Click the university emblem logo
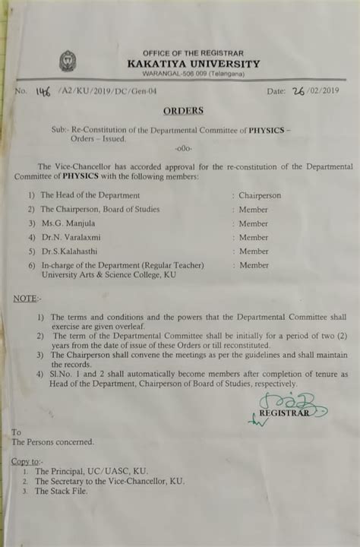click(68, 61)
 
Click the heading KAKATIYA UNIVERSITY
click(193, 64)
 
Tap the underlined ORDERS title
click(183, 111)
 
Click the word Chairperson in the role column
click(259, 195)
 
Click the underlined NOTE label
click(27, 299)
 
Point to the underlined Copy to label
click(27, 461)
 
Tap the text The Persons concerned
click(53, 441)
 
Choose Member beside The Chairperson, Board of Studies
click(253, 209)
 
